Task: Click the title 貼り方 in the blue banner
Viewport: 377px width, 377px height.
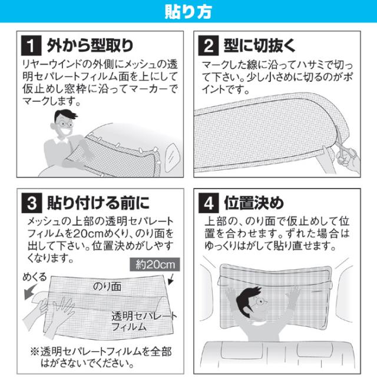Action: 188,11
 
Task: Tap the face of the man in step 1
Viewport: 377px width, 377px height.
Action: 65,126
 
